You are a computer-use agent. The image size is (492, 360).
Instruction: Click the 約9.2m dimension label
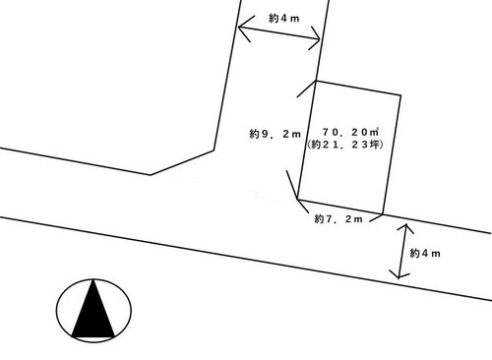275,134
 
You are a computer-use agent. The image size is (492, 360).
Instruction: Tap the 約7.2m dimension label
338,218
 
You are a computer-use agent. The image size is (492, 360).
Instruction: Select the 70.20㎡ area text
350,132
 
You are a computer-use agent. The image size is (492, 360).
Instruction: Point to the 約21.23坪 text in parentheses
345,145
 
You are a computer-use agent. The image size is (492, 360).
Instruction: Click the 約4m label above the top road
284,19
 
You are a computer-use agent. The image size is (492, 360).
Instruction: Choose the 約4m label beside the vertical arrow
425,253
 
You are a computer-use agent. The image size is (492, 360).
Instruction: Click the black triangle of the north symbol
93,309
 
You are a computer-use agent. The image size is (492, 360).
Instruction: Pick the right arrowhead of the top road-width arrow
314,37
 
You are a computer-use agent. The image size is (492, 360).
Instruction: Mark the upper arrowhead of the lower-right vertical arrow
406,228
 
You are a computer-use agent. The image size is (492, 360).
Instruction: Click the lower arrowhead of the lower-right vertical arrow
400,274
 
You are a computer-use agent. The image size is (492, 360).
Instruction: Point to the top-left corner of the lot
316,81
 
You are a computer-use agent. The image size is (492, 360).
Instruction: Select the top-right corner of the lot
400,95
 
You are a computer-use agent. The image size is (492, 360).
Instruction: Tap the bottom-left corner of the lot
297,199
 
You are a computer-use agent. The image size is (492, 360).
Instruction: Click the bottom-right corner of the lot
383,214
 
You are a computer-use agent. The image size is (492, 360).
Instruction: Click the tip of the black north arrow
94,279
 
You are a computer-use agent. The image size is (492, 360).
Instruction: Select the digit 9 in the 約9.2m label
264,134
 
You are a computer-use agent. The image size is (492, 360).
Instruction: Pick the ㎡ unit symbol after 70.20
375,132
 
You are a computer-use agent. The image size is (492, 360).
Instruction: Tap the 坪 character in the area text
375,145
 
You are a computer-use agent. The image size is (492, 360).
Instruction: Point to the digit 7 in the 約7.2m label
329,218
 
